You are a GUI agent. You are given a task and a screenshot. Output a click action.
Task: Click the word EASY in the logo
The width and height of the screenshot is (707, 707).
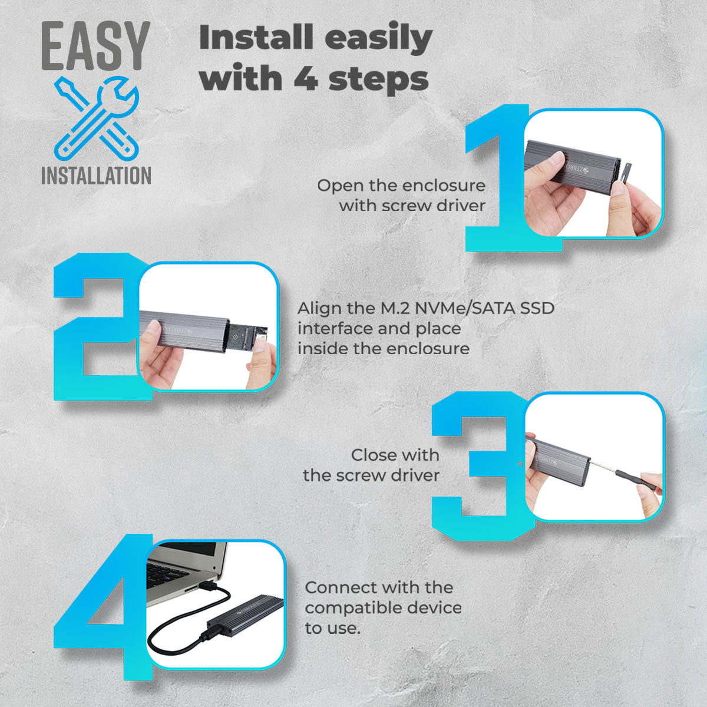[96, 46]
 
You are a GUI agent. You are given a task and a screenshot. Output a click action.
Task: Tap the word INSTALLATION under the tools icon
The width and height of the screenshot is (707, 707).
[96, 176]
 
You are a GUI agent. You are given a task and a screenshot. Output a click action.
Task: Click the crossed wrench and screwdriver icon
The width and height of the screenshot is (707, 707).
[97, 118]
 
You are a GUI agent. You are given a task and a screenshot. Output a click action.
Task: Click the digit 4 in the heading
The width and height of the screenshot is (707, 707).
[305, 78]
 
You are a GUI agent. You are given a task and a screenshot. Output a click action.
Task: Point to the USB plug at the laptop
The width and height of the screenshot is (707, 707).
[210, 586]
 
